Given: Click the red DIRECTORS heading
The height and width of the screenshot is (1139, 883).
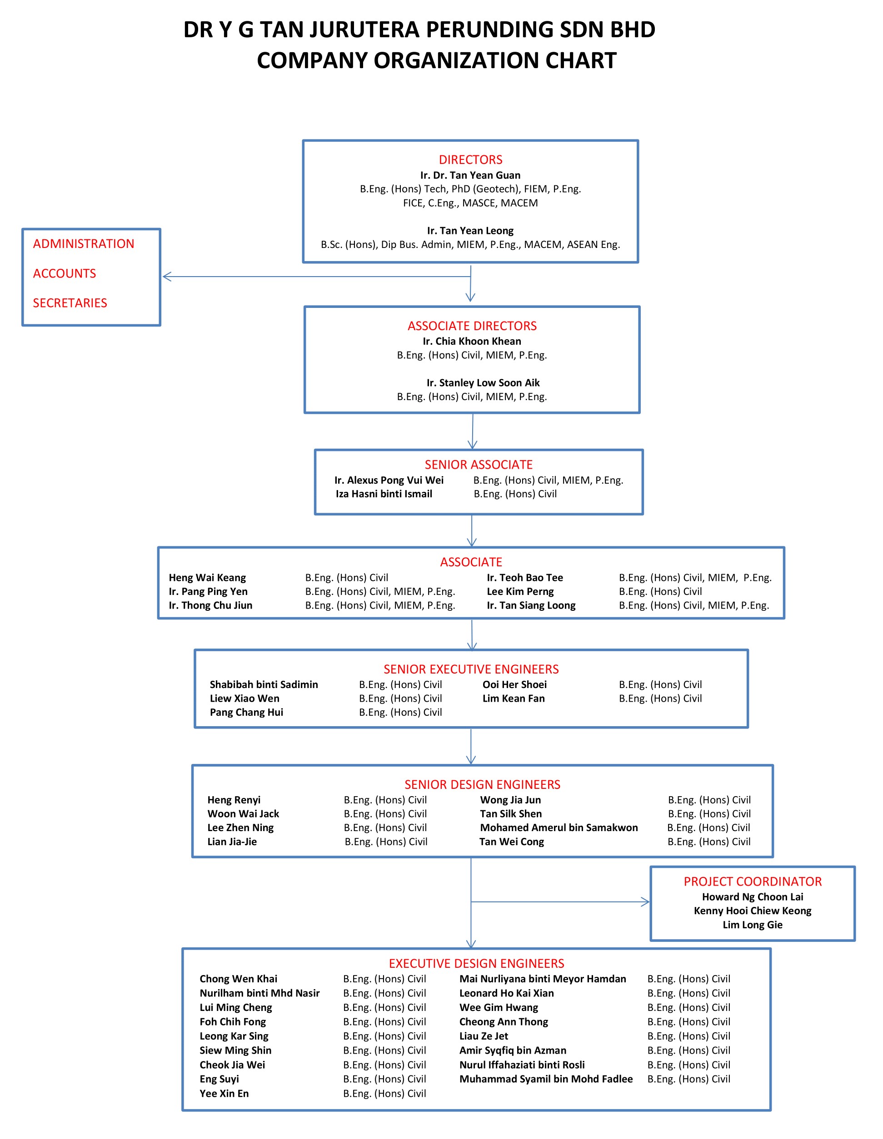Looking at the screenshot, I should (470, 159).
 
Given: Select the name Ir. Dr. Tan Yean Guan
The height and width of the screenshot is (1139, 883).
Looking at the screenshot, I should (470, 175).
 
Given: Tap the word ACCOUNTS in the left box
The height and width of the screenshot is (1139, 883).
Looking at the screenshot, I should (64, 273).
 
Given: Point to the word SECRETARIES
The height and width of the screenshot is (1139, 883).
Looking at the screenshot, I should (70, 303).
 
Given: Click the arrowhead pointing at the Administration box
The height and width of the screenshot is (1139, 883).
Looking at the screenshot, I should (166, 277).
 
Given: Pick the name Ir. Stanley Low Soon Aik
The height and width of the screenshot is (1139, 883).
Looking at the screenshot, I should (483, 383).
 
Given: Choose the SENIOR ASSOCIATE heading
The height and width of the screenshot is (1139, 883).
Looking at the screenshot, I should (479, 465).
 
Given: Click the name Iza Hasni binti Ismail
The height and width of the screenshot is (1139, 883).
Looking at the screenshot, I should (384, 494).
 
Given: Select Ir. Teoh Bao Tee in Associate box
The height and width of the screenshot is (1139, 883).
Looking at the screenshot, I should (524, 577).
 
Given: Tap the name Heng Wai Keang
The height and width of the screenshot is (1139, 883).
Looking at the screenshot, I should (207, 577).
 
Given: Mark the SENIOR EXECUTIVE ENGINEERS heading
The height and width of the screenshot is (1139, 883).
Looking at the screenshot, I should (471, 669).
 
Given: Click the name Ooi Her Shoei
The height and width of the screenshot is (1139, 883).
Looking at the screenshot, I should (514, 684).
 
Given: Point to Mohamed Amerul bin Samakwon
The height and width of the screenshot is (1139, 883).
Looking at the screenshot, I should (559, 827).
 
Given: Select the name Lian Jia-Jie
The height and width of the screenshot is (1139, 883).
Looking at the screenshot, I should (232, 841).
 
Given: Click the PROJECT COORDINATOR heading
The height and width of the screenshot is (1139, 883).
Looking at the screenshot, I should (753, 881).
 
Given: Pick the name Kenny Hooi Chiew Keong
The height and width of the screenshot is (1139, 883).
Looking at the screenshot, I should (753, 911).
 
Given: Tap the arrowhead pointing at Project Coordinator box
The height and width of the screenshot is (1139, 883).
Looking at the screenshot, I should (646, 902).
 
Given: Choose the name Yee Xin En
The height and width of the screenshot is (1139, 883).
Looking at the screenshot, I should (224, 1093).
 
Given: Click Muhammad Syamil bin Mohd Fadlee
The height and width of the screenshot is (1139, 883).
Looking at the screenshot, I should (546, 1079).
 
